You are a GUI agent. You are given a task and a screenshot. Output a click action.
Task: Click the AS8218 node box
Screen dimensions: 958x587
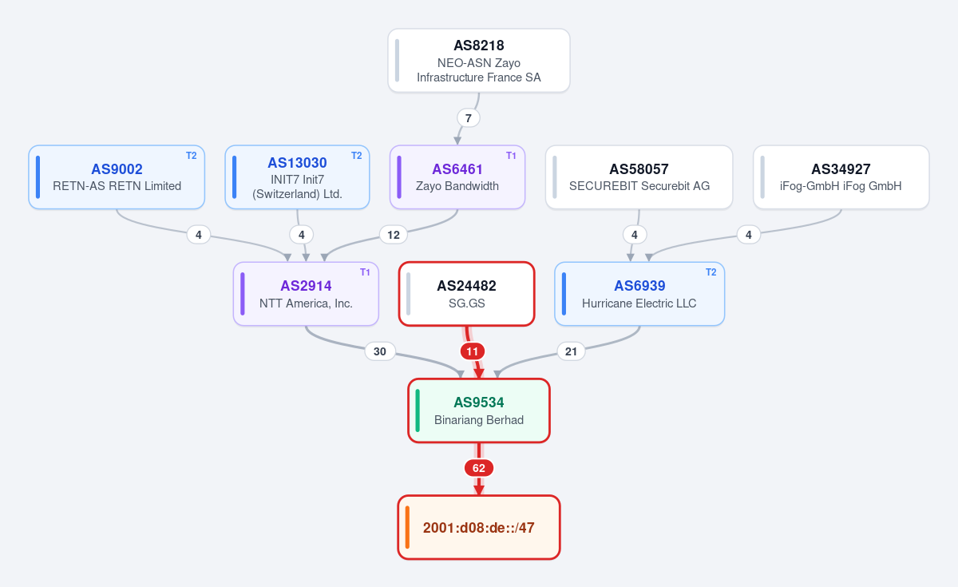point(478,61)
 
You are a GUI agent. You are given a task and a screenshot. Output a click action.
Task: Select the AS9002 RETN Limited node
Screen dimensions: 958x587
point(117,177)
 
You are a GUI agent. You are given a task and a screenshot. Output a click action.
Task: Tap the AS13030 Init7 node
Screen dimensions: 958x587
point(297,177)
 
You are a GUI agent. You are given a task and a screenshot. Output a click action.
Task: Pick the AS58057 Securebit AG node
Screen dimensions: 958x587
point(639,177)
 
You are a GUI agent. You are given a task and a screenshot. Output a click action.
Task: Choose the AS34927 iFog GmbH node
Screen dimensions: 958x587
point(841,177)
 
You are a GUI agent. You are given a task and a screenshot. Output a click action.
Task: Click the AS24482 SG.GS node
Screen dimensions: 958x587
point(466,294)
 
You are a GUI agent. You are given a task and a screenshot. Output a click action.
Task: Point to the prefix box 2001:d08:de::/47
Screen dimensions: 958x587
point(478,528)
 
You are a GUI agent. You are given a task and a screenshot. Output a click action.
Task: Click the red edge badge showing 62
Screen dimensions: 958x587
point(478,468)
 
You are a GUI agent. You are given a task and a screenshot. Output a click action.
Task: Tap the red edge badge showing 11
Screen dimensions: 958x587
point(472,351)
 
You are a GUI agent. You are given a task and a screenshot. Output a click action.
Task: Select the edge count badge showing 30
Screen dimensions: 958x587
point(380,351)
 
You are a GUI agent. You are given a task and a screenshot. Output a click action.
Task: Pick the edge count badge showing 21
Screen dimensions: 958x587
point(571,351)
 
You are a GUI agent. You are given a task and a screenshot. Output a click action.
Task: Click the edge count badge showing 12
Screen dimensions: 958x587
point(394,235)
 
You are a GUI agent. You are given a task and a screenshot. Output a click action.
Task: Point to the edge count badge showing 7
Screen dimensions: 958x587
point(469,118)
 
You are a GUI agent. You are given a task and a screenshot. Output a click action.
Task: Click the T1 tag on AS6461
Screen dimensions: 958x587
point(511,156)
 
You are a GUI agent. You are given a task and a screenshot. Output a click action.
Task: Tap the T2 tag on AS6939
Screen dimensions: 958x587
point(711,272)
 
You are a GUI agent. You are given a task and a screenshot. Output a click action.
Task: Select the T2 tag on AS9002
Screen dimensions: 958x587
point(191,156)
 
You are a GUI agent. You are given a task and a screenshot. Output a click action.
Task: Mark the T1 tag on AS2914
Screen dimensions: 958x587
point(365,272)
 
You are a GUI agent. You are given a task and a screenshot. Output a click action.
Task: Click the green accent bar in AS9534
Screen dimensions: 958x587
point(418,411)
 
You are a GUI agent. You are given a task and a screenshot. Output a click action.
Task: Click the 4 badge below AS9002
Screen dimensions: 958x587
point(199,235)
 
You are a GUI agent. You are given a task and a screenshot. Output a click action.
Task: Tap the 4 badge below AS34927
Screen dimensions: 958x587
point(749,235)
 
